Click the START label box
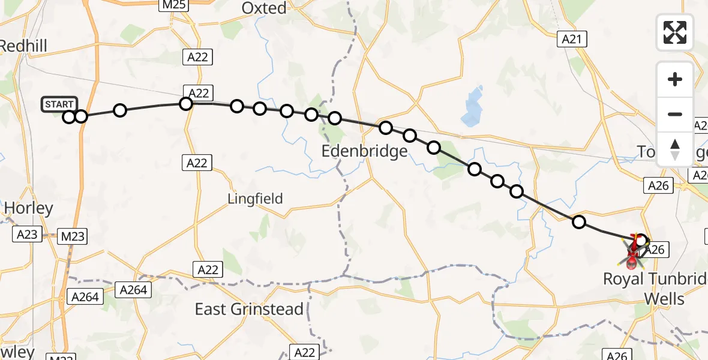[x=59, y=104]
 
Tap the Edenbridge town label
[x=365, y=151]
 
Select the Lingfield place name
[x=255, y=199]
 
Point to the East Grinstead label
[x=249, y=309]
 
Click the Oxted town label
[x=264, y=8]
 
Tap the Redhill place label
[x=23, y=46]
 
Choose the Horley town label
[x=29, y=208]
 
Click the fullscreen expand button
[x=675, y=32]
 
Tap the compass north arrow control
[x=675, y=149]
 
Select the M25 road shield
[x=174, y=5]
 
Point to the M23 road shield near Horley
[x=73, y=237]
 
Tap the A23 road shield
[x=28, y=235]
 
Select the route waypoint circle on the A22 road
[x=186, y=103]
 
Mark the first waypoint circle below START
[x=69, y=116]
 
